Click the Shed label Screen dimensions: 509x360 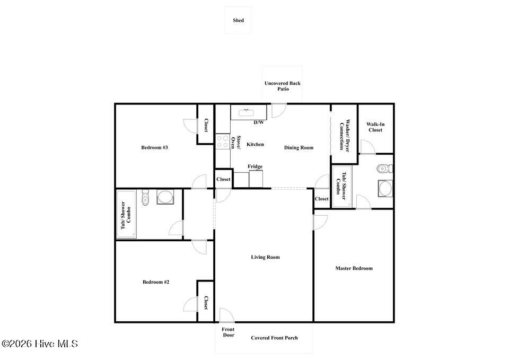[x=238, y=20]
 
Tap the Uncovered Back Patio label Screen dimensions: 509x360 [x=283, y=86]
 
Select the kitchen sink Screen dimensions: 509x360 [x=247, y=112]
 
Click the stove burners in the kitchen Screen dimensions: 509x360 [x=223, y=142]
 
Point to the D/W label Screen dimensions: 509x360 [x=259, y=122]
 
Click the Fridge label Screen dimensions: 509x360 [x=255, y=166]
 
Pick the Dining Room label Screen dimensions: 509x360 [x=299, y=148]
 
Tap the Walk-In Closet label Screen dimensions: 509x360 [x=375, y=127]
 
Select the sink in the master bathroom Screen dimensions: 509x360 [x=385, y=189]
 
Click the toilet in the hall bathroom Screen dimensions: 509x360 [x=145, y=198]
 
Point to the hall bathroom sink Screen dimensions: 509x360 [x=165, y=197]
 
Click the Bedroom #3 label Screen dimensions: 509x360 [x=154, y=147]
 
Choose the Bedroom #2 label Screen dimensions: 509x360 [x=156, y=282]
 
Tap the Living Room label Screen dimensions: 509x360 [x=265, y=257]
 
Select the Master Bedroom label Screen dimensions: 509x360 [x=354, y=268]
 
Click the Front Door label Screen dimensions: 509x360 [x=228, y=332]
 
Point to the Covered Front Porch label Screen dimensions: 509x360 [x=274, y=338]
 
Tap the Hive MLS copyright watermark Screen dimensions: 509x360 [x=40, y=344]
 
